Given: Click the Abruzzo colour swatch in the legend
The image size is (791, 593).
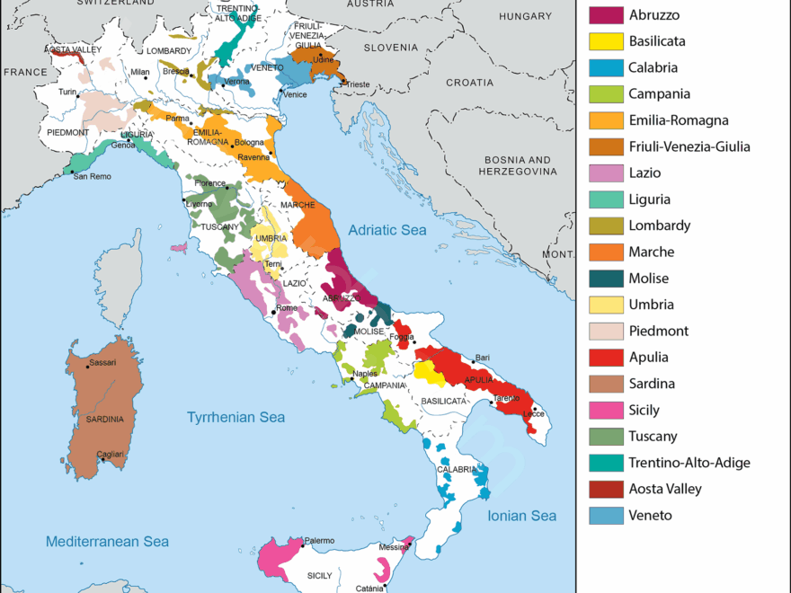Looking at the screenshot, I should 605,14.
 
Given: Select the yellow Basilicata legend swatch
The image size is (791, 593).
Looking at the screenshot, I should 605,40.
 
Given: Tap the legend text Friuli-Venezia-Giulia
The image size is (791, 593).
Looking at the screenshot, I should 689,146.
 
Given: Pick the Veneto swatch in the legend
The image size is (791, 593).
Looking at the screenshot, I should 605,516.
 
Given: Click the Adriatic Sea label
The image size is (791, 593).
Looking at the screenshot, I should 387,230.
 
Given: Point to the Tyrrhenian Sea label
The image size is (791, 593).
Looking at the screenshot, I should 236,417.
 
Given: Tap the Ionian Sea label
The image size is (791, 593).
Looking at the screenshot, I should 521,516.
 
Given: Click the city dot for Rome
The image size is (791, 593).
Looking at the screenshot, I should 273,311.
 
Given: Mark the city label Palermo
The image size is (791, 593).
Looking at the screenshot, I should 319,540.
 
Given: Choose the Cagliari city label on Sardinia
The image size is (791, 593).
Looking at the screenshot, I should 111,455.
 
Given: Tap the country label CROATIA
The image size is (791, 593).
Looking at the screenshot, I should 469,82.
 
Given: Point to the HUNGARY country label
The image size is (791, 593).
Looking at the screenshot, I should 525,16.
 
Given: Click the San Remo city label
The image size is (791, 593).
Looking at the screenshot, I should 93,176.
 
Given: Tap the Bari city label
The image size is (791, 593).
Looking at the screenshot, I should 483,358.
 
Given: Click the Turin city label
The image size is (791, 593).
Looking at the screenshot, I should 67,92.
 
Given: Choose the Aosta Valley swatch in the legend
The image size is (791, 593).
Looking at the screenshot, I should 605,490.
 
